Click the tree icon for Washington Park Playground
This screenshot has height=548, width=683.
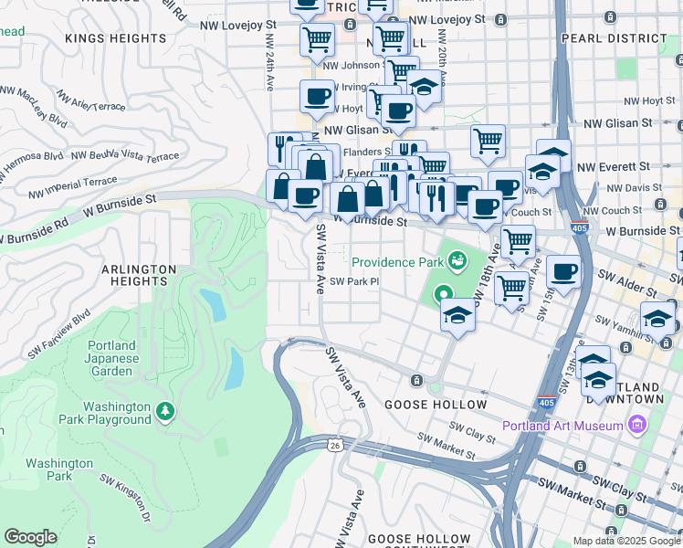point(164,413)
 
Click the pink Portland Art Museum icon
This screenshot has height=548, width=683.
point(637,426)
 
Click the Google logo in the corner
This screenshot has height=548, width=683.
point(30,537)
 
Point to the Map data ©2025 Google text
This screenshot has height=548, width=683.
point(625,541)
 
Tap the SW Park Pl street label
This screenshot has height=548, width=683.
point(354,281)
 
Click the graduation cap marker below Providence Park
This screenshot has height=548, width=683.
point(457,316)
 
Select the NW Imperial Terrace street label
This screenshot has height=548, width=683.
point(72,187)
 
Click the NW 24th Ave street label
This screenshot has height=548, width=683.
point(268,59)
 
